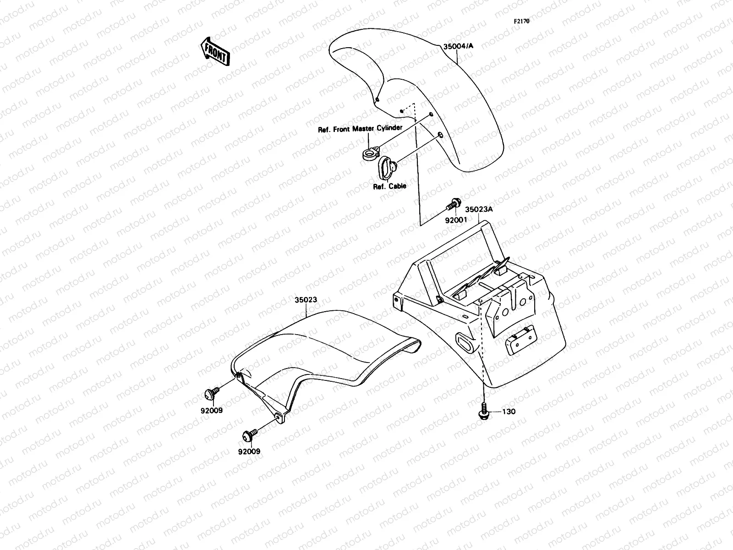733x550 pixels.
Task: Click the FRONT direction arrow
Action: coord(214,51)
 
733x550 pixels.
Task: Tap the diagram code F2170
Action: coord(521,21)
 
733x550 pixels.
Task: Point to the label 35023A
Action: coord(479,210)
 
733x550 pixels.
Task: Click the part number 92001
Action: coord(456,220)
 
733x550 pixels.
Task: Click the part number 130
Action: coord(509,412)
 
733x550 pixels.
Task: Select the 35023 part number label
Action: coord(306,300)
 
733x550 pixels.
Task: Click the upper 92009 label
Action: coord(211,411)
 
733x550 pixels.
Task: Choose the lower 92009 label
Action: coord(249,451)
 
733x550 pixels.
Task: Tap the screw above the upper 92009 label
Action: coord(211,393)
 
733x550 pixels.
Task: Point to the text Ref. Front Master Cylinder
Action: coord(360,129)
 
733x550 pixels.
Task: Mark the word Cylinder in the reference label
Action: coord(389,128)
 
